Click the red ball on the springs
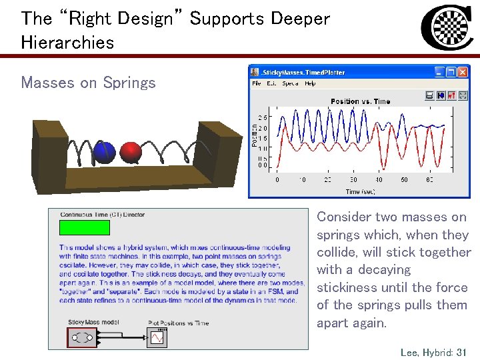(131, 152)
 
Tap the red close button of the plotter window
(463, 71)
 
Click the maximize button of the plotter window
(451, 71)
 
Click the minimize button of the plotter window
(439, 71)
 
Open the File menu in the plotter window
(257, 83)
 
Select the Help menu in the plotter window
(310, 83)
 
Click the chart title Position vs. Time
(361, 101)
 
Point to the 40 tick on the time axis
(379, 180)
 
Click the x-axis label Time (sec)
(361, 191)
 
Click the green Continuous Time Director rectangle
(85, 227)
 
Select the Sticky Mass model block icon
(83, 337)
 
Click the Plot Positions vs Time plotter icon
(157, 338)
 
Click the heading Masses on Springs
(88, 83)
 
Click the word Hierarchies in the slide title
(67, 42)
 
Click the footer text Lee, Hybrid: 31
(433, 351)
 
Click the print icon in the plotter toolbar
(430, 95)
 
